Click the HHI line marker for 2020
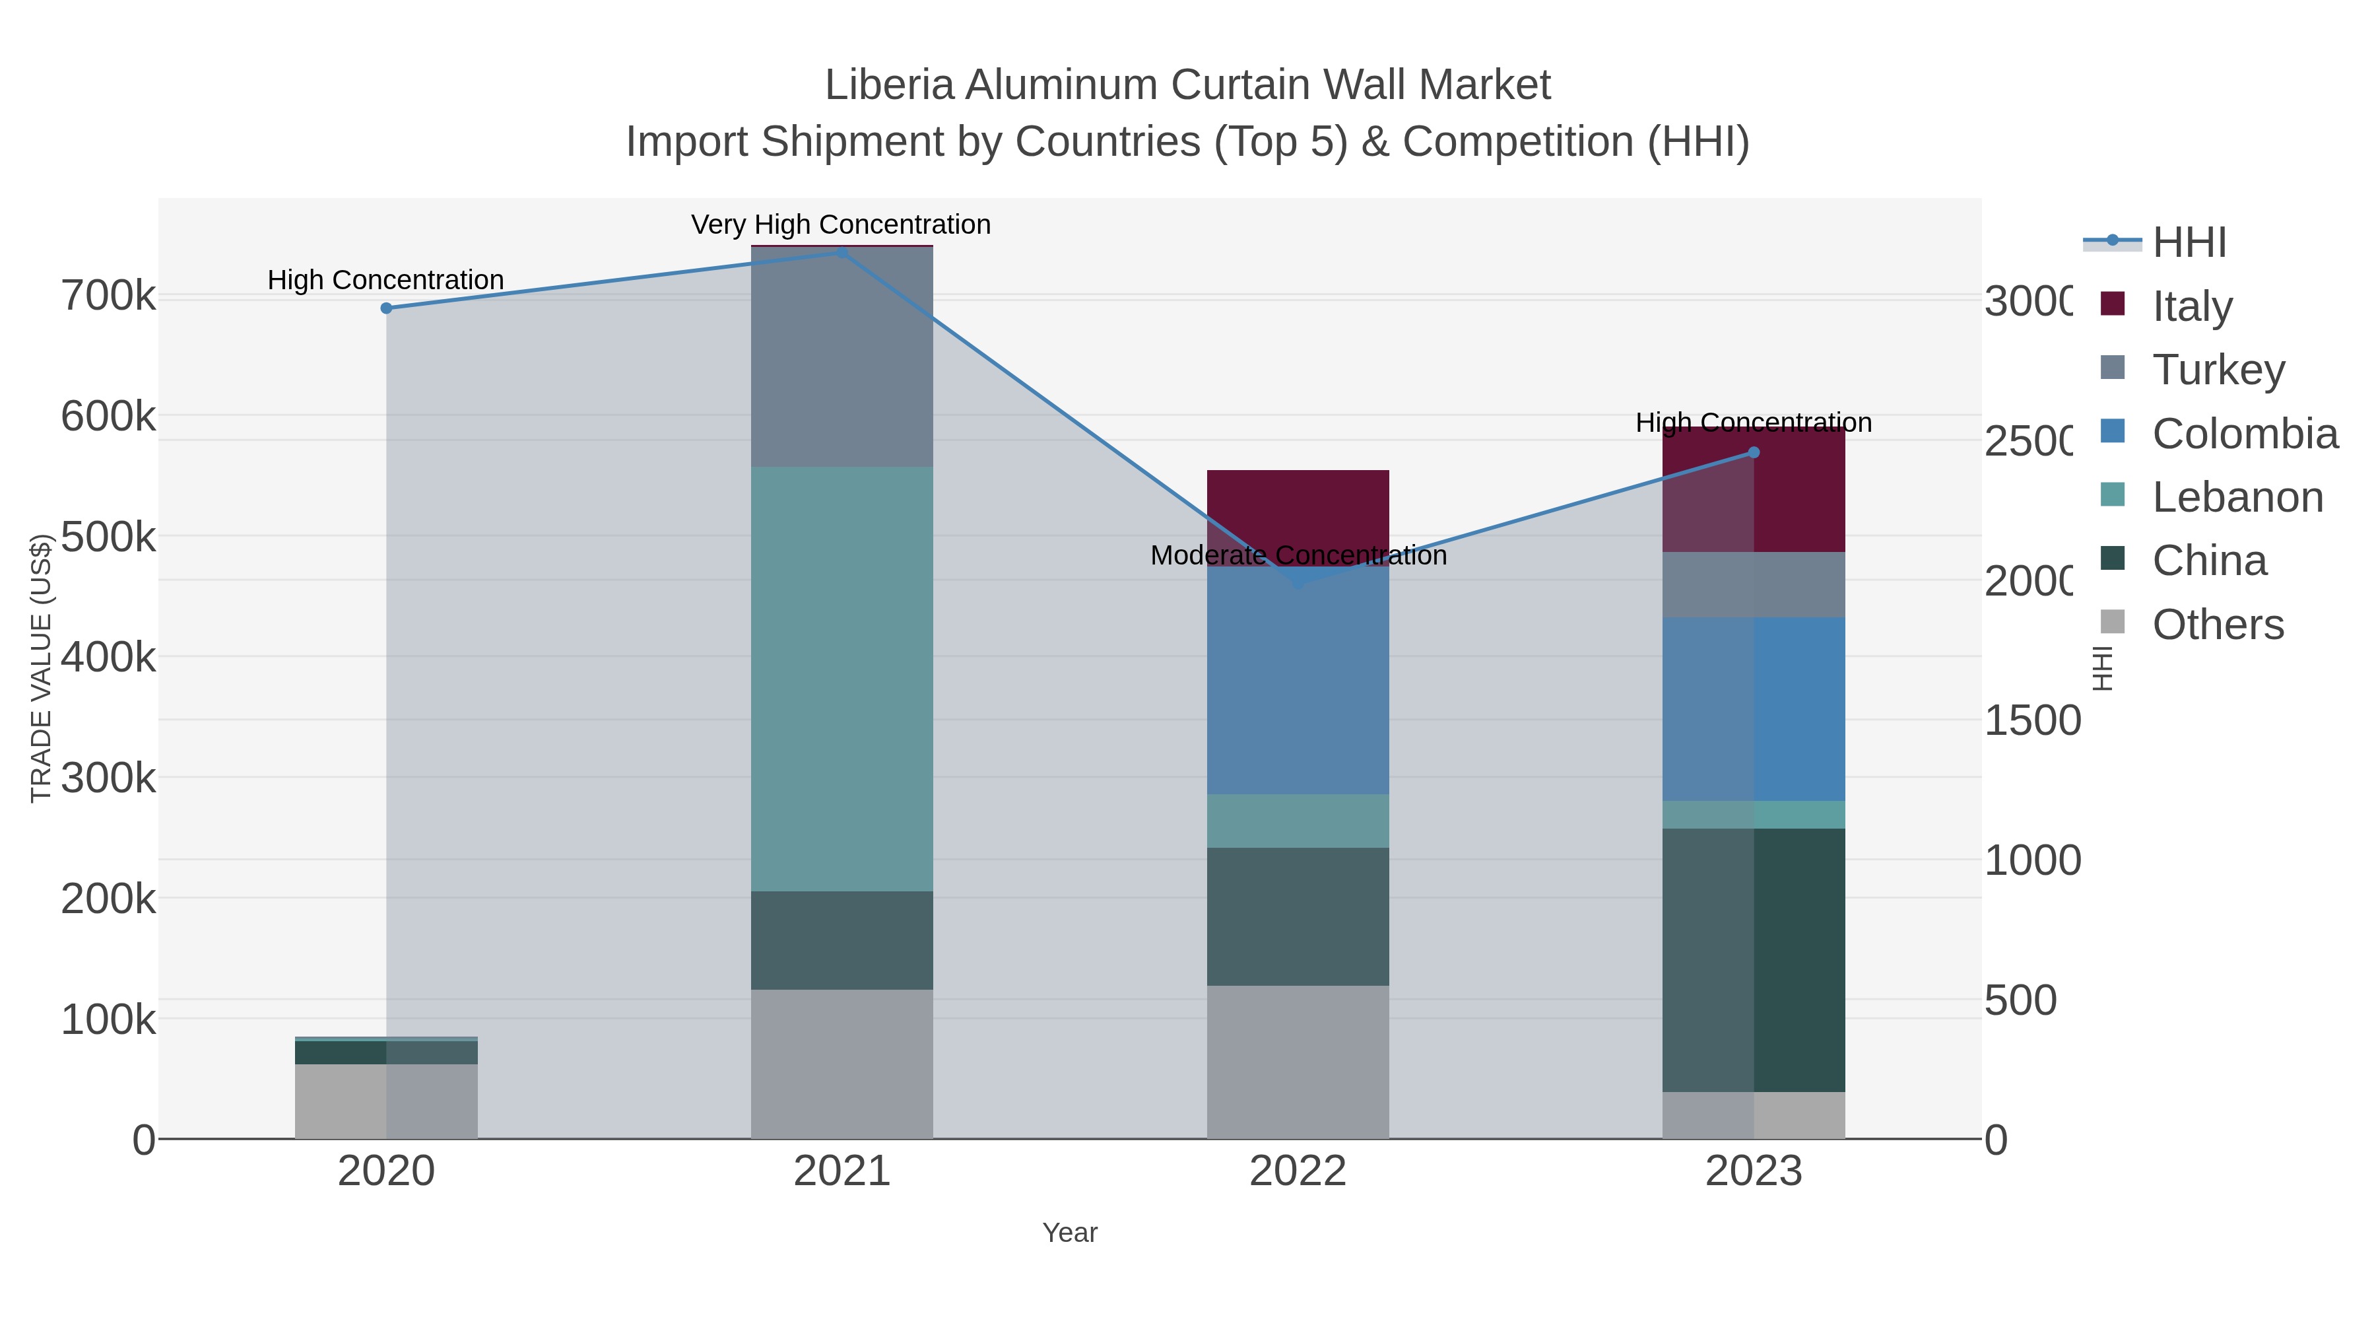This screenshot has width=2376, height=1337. pos(387,308)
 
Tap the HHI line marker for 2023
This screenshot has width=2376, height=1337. pos(1754,452)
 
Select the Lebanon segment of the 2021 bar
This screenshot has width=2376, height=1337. pos(841,678)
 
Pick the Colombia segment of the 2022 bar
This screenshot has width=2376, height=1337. pos(1298,683)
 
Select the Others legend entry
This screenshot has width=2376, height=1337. pos(2218,625)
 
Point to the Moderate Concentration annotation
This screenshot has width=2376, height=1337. pos(1298,555)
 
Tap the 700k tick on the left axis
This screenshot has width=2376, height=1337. pos(108,296)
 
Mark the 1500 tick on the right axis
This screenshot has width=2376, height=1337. pos(2032,720)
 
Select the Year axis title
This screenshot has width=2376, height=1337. pos(1069,1233)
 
